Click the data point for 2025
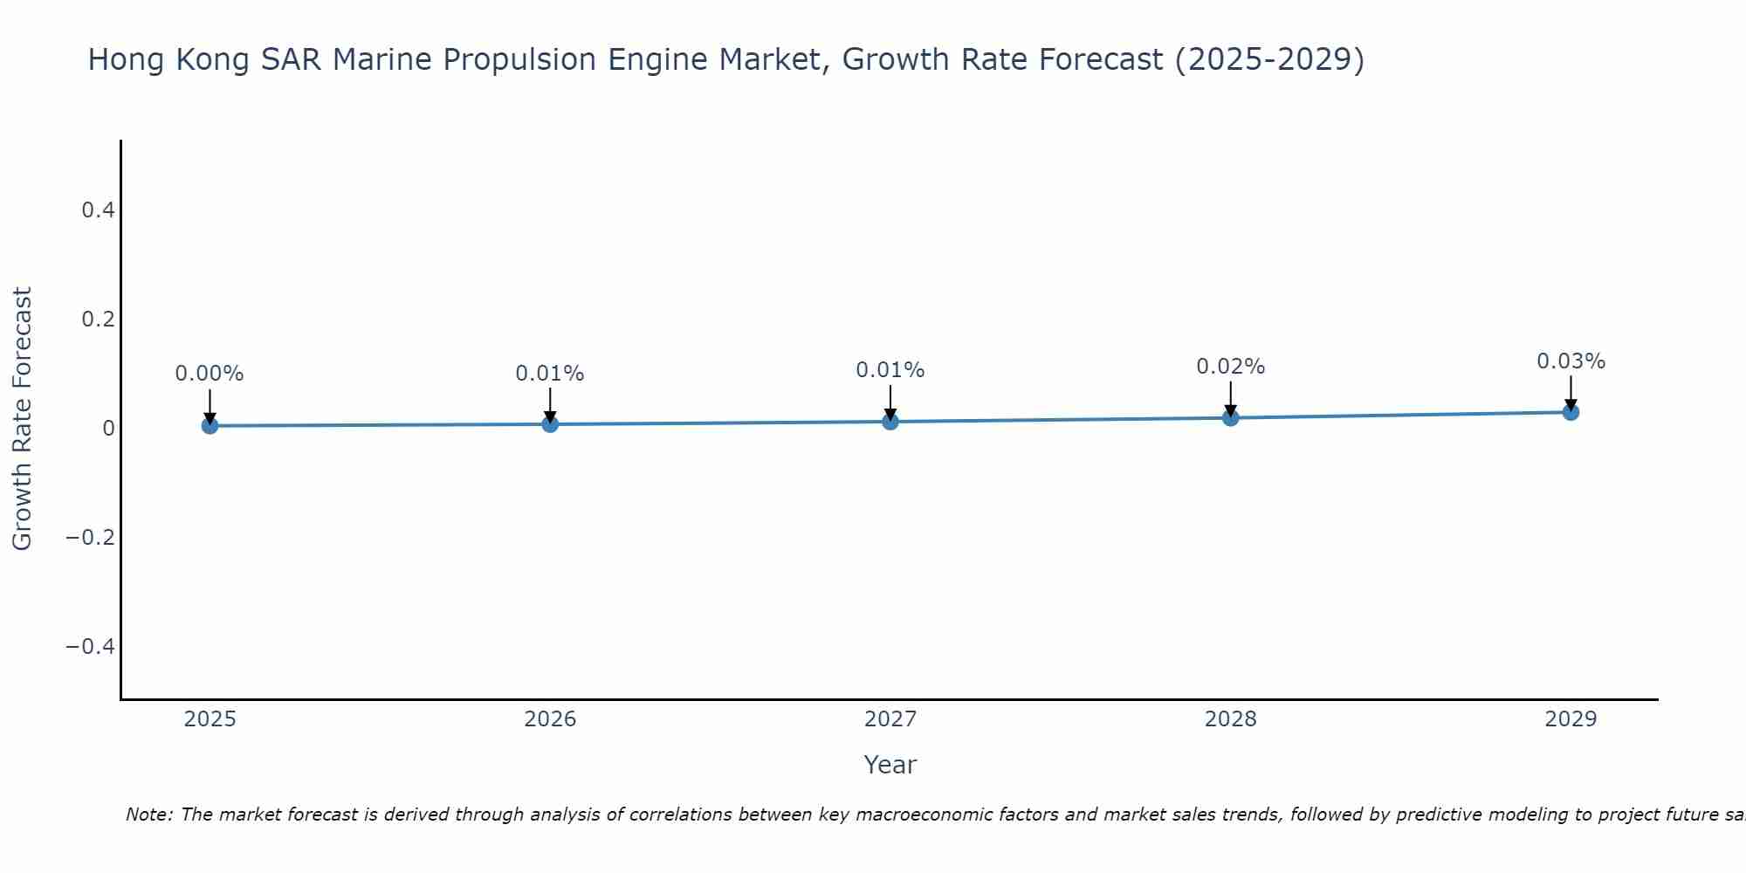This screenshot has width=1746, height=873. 210,425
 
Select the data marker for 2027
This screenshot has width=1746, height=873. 890,422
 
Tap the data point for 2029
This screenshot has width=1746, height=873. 1571,411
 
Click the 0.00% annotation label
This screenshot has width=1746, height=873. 210,374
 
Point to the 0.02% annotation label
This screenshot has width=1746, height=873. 1230,367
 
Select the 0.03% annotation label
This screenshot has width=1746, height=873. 1571,361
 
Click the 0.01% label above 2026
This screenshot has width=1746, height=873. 549,374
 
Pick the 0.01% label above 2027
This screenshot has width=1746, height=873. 890,370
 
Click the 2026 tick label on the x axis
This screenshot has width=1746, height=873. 550,719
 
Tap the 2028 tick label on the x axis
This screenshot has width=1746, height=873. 1230,719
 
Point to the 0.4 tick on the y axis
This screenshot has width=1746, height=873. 98,210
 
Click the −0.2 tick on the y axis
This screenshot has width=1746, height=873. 90,537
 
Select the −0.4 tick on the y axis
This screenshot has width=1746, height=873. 90,646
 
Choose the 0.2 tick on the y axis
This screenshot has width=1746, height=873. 98,320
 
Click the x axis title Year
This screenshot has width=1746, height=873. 890,765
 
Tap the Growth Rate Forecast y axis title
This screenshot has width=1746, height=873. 23,419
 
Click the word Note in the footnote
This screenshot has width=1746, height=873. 148,815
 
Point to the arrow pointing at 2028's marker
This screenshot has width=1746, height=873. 1230,399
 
